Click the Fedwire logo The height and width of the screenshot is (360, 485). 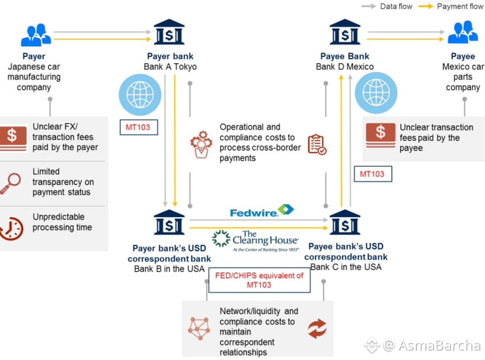(x=262, y=211)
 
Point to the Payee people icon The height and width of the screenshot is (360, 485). (x=463, y=33)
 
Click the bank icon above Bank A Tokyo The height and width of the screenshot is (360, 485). (x=168, y=33)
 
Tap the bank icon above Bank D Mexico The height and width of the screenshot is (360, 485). (x=345, y=33)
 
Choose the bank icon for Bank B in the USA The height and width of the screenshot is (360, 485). (x=169, y=222)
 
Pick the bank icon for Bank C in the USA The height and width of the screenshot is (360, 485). (x=345, y=222)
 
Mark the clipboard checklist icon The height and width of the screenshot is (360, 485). (x=317, y=144)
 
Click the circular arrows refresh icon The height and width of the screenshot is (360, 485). (x=317, y=328)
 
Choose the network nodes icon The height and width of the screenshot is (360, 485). (x=199, y=328)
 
